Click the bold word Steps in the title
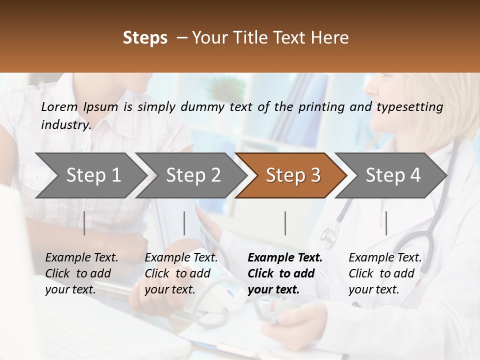point(145,38)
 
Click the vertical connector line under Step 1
point(84,223)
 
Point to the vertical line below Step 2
point(184,223)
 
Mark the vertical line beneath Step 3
point(285,223)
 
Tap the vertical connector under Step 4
point(386,223)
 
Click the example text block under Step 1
point(81,273)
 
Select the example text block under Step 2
point(181,273)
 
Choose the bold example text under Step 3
point(285,273)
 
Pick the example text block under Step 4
point(385,273)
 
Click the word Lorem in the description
point(59,106)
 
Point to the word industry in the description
point(66,124)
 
